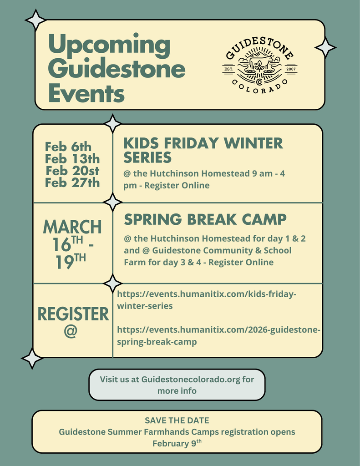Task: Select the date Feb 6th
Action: (68, 147)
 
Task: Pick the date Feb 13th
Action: (72, 159)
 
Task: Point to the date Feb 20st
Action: (72, 171)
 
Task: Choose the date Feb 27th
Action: (72, 183)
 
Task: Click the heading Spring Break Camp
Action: (205, 219)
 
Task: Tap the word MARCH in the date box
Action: (72, 227)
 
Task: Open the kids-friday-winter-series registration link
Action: (207, 300)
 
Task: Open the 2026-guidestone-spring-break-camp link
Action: (218, 336)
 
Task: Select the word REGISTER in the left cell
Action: (73, 314)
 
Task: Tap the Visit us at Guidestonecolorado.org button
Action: (177, 385)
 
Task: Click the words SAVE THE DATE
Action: (177, 420)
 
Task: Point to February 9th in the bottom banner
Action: (177, 443)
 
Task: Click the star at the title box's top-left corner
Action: (35, 20)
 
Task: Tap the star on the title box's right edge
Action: (325, 47)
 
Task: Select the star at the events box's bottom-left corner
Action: (32, 358)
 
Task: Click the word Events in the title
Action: (86, 94)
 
